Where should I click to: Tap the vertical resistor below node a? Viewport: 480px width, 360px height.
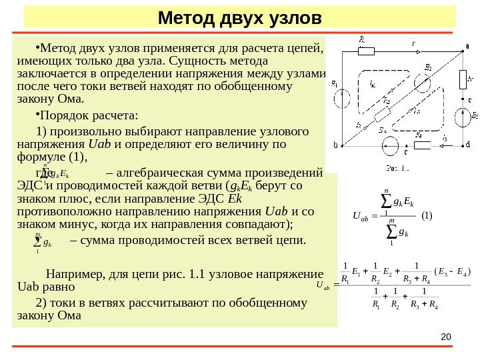pos(462,79)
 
